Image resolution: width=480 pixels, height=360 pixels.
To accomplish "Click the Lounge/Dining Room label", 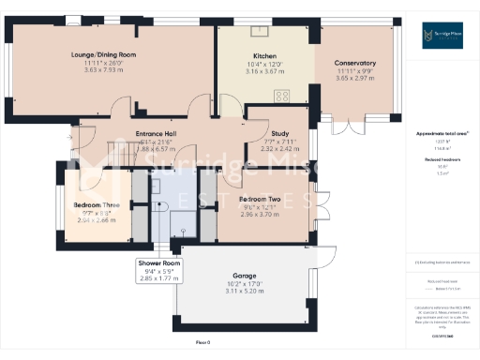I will pyautogui.click(x=103, y=55).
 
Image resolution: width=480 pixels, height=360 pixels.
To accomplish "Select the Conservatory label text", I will pyautogui.click(x=355, y=64).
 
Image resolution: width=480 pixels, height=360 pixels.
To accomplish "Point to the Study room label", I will pyautogui.click(x=278, y=134).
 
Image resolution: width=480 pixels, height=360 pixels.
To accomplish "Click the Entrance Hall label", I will pyautogui.click(x=157, y=134).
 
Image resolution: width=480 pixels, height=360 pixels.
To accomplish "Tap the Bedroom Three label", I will pyautogui.click(x=94, y=204).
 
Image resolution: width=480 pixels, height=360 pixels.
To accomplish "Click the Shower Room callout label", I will pyautogui.click(x=157, y=263).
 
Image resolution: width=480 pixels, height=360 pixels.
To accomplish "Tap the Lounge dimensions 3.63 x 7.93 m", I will pyautogui.click(x=103, y=69).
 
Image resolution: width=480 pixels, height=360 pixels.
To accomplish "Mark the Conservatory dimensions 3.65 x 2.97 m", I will pyautogui.click(x=355, y=79).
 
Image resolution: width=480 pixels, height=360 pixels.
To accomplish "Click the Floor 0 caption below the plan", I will pyautogui.click(x=202, y=342).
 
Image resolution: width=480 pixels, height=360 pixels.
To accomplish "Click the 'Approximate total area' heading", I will pyautogui.click(x=441, y=134).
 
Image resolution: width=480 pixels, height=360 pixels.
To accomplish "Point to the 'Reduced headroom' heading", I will pyautogui.click(x=441, y=159).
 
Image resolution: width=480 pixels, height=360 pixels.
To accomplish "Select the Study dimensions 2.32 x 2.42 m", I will pyautogui.click(x=278, y=148).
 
